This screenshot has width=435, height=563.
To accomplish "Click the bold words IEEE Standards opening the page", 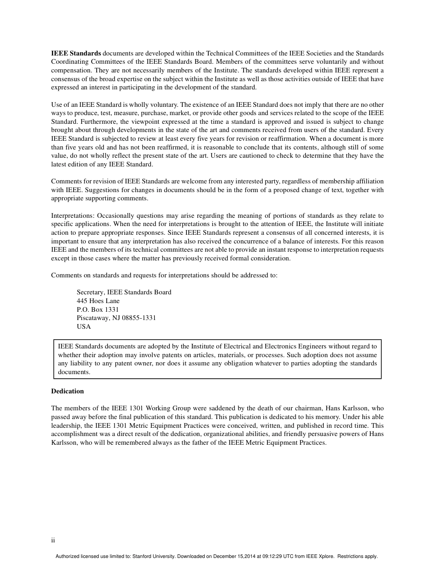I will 76,53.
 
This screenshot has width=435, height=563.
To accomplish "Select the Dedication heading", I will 67,391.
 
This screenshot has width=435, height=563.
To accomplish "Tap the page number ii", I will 53,540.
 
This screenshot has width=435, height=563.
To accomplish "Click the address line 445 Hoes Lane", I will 98,301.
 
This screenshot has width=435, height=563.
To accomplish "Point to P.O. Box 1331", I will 98,309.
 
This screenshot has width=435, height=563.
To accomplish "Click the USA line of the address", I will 84,326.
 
